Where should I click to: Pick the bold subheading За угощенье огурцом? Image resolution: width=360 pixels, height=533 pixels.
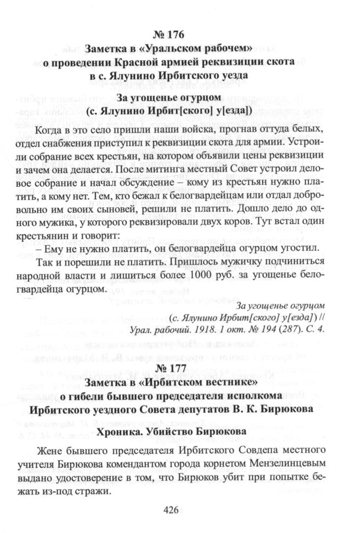(x=168, y=99)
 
